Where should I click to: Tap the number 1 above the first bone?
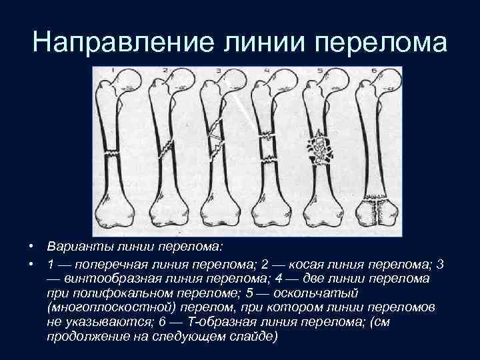[114, 71]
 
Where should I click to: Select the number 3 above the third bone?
[218, 71]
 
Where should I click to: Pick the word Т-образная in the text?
[220, 321]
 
